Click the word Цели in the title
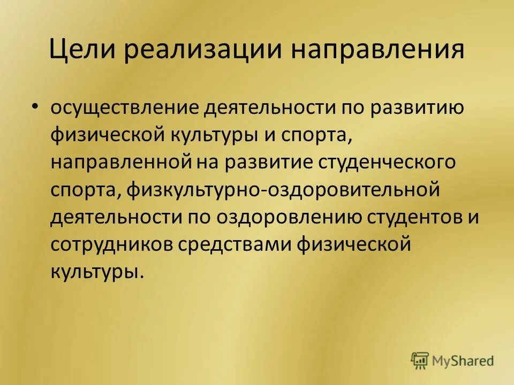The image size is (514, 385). point(80,52)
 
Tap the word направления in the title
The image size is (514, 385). point(377,52)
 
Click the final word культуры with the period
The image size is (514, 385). point(97,272)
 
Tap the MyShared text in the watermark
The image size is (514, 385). point(463,361)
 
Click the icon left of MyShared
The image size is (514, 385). point(421,360)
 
